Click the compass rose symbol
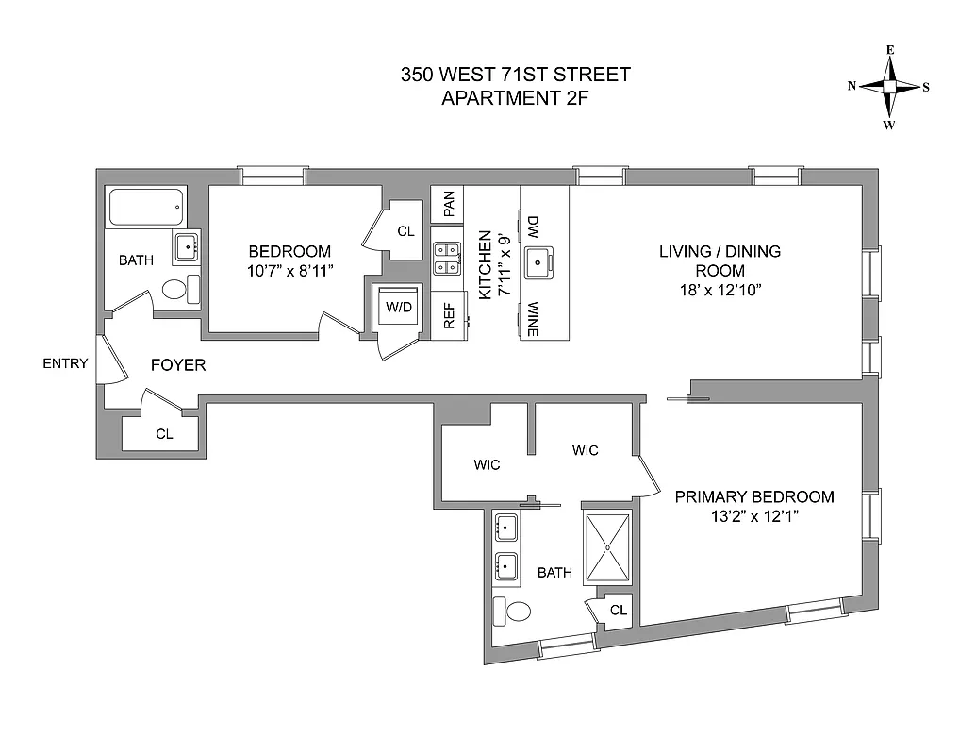point(889,86)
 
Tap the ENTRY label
point(65,364)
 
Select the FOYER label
point(178,365)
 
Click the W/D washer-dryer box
point(396,307)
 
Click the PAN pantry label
point(449,202)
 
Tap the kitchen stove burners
point(446,258)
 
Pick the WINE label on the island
point(533,319)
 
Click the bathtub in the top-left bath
point(146,207)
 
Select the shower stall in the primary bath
point(608,547)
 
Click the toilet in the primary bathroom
point(515,612)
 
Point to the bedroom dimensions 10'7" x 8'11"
point(289,270)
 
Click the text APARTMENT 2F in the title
point(515,96)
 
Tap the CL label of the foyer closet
point(163,434)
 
